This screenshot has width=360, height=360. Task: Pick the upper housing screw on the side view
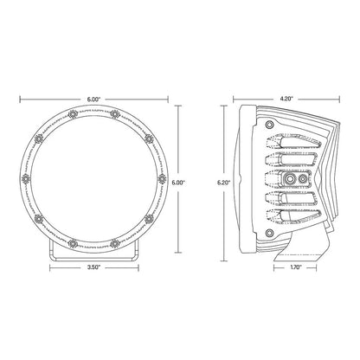270,127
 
